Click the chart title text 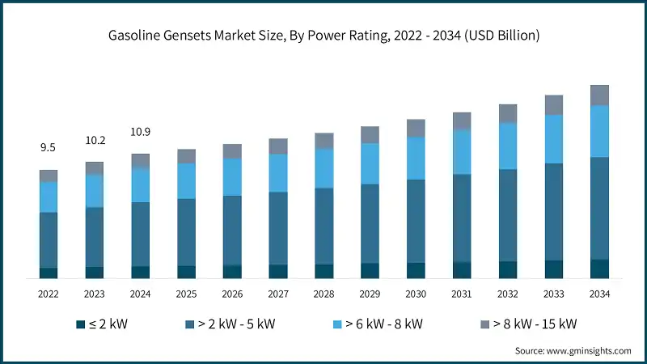[x=323, y=36]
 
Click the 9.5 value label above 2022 [x=49, y=148]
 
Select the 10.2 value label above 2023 [x=95, y=140]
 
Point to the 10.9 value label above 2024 [x=141, y=132]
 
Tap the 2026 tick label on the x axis [x=232, y=294]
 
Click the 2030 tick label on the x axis [x=416, y=294]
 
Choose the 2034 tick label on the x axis [x=599, y=294]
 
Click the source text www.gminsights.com [x=573, y=351]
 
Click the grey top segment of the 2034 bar [x=599, y=95]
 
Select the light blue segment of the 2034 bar [x=599, y=131]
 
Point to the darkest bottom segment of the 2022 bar [x=49, y=273]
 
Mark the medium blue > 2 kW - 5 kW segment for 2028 [x=324, y=226]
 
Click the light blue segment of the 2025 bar [x=187, y=181]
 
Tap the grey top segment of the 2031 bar [x=462, y=121]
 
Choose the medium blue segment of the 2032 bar [x=508, y=215]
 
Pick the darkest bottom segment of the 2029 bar [x=370, y=271]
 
